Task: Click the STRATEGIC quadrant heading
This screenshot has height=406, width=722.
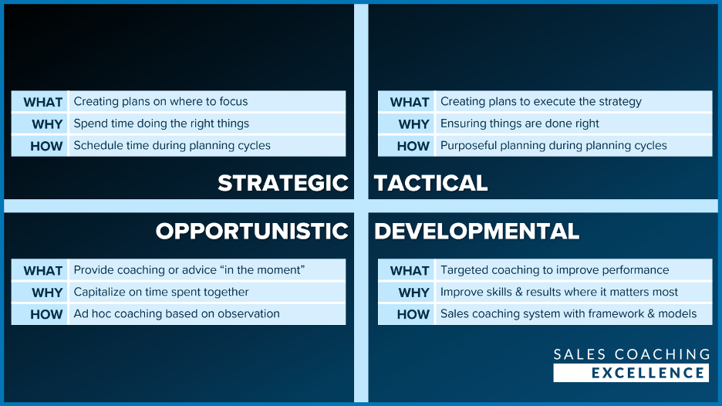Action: (x=283, y=183)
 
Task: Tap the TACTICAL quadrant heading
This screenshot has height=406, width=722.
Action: (x=430, y=183)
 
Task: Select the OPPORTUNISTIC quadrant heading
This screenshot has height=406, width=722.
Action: (x=252, y=231)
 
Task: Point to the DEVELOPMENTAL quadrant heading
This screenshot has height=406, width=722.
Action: (x=477, y=231)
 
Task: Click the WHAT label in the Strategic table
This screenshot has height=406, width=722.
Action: (x=43, y=102)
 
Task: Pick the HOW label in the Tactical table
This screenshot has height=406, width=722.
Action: (x=413, y=146)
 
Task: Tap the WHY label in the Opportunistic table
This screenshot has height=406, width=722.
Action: (x=47, y=293)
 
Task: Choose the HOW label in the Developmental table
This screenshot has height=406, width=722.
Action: (x=413, y=314)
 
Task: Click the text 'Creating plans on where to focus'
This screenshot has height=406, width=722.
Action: (x=160, y=101)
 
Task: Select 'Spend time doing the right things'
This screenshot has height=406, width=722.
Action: (x=161, y=123)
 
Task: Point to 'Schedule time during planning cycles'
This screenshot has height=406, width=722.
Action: (x=172, y=146)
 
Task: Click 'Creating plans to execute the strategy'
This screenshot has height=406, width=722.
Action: (x=541, y=101)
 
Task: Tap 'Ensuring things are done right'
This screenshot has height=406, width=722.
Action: (x=520, y=123)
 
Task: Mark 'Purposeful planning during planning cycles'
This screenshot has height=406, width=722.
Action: (x=554, y=146)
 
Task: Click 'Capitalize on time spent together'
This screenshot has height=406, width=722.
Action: (x=161, y=293)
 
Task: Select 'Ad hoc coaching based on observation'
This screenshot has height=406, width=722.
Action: (x=177, y=314)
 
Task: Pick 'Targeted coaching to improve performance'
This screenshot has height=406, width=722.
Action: (x=555, y=270)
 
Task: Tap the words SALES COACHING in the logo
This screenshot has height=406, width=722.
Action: (x=632, y=354)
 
